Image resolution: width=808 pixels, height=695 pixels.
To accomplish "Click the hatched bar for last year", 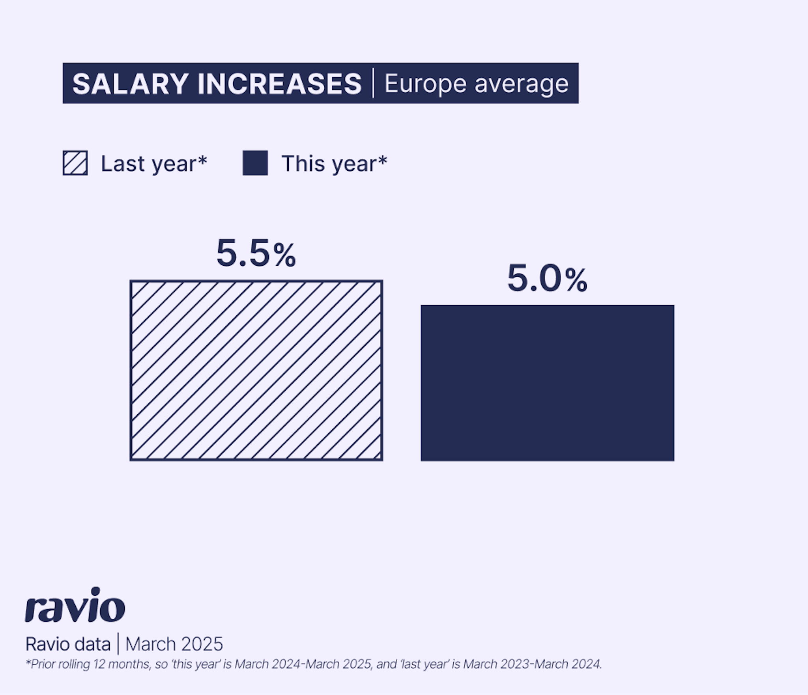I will pyautogui.click(x=256, y=370).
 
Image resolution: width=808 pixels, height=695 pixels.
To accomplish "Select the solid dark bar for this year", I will pyautogui.click(x=547, y=383).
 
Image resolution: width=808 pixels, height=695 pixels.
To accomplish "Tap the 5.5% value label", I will pyautogui.click(x=256, y=253).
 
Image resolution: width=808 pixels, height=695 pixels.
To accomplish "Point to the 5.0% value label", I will pyautogui.click(x=547, y=279).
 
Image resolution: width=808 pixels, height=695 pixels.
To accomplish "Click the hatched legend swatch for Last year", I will pyautogui.click(x=75, y=163).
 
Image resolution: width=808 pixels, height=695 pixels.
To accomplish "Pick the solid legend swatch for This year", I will pyautogui.click(x=255, y=163).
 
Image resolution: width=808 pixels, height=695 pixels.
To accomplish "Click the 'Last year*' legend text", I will pyautogui.click(x=154, y=164).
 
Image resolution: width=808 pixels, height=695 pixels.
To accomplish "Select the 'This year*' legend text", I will pyautogui.click(x=334, y=164).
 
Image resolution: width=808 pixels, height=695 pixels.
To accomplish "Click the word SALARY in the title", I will pyautogui.click(x=130, y=84).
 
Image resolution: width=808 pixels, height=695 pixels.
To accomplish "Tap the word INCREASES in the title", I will pyautogui.click(x=279, y=84).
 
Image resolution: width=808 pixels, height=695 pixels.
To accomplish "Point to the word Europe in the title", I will pyautogui.click(x=425, y=84).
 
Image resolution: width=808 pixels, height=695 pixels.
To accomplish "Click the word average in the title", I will pyautogui.click(x=521, y=84).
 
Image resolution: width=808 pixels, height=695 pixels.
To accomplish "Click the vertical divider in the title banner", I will pyautogui.click(x=373, y=83).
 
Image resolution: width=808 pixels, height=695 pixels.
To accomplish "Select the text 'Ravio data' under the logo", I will pyautogui.click(x=68, y=644).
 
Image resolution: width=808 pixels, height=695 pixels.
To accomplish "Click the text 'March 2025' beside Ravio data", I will pyautogui.click(x=174, y=644).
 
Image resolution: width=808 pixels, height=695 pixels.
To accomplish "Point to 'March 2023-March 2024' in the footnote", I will pyautogui.click(x=532, y=664).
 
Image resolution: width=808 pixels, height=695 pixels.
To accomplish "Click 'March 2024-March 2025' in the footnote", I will pyautogui.click(x=303, y=664).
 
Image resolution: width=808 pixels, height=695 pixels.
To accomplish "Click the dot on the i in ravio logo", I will pyautogui.click(x=95, y=592).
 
